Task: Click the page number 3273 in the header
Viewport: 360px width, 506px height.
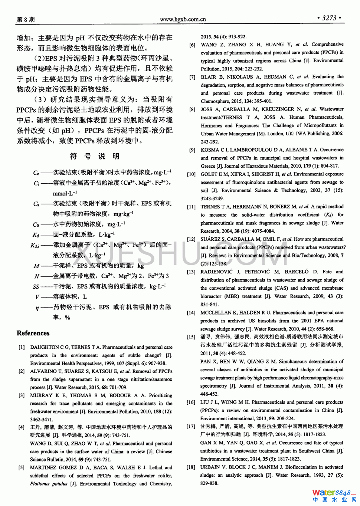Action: tap(329, 18)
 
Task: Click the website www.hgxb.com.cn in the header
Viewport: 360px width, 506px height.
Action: tap(183, 19)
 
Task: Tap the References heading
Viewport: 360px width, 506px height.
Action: tap(33, 333)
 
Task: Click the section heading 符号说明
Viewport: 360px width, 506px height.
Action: tap(95, 156)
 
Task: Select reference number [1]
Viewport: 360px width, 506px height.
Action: tap(22, 347)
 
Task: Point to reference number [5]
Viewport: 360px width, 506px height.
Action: tap(22, 467)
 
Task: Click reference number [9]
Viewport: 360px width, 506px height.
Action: tap(192, 150)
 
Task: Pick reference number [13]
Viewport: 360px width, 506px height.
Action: tap(191, 272)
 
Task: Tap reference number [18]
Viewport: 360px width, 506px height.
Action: tap(191, 467)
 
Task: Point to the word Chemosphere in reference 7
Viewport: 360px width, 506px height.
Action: tap(215, 101)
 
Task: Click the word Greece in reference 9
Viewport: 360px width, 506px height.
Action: tap(208, 166)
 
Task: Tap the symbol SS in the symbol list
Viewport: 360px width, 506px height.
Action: tap(36, 287)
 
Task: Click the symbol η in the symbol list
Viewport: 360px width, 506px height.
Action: tap(37, 308)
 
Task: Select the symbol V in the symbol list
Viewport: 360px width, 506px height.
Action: tap(37, 297)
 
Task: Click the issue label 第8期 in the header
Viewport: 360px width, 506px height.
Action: tap(26, 19)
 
